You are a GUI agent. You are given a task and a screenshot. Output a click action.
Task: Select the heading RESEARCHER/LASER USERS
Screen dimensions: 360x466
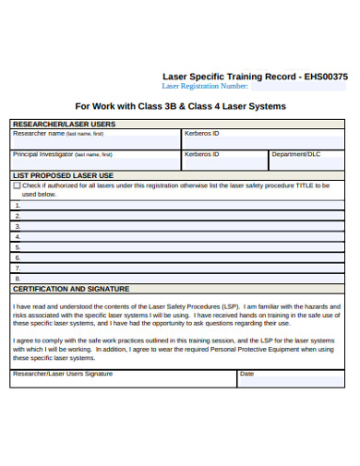[64, 124]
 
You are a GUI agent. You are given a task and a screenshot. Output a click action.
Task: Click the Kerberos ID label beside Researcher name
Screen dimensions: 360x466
[201, 133]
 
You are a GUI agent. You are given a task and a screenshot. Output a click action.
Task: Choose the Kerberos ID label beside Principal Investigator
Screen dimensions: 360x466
[201, 154]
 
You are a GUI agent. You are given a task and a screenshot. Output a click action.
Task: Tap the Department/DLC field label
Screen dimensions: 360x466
[295, 154]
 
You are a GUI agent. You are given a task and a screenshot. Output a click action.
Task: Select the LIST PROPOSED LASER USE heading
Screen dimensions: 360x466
[63, 175]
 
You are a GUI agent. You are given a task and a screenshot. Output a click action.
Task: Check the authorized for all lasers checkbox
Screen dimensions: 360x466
[17, 185]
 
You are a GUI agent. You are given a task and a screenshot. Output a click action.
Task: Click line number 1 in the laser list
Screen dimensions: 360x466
[17, 205]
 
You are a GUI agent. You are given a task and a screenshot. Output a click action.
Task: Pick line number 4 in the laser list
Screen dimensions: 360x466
[17, 236]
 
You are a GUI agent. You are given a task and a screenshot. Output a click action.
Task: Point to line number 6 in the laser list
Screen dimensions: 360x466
[17, 257]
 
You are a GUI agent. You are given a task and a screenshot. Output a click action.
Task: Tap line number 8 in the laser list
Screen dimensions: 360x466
[17, 278]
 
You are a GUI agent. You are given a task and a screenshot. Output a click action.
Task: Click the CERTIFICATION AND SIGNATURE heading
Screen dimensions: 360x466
[70, 289]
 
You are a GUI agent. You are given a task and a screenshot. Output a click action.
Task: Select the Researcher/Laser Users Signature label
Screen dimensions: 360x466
[62, 374]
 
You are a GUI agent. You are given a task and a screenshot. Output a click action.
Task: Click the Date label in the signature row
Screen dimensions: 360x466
[246, 374]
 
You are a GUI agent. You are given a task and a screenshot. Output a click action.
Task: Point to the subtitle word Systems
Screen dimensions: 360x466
[266, 107]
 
